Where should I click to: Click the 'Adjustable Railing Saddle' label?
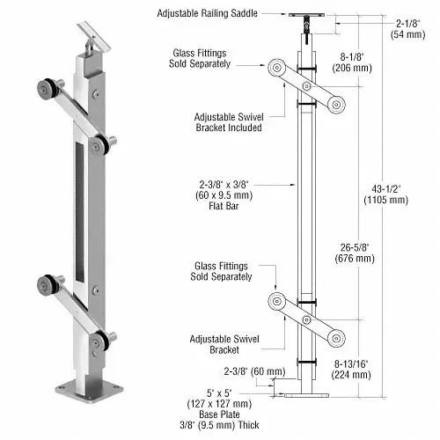click(x=207, y=13)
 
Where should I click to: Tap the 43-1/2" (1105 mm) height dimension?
click(x=386, y=194)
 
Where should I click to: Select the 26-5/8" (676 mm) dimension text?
click(x=355, y=253)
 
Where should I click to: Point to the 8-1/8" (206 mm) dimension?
click(x=352, y=62)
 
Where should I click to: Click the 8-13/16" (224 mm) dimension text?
click(x=351, y=370)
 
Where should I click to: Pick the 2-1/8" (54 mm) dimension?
click(x=407, y=29)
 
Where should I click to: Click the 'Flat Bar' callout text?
click(x=224, y=206)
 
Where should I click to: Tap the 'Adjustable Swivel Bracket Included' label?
click(x=229, y=122)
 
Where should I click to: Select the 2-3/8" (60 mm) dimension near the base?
click(x=254, y=371)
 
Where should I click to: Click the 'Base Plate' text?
click(x=219, y=414)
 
